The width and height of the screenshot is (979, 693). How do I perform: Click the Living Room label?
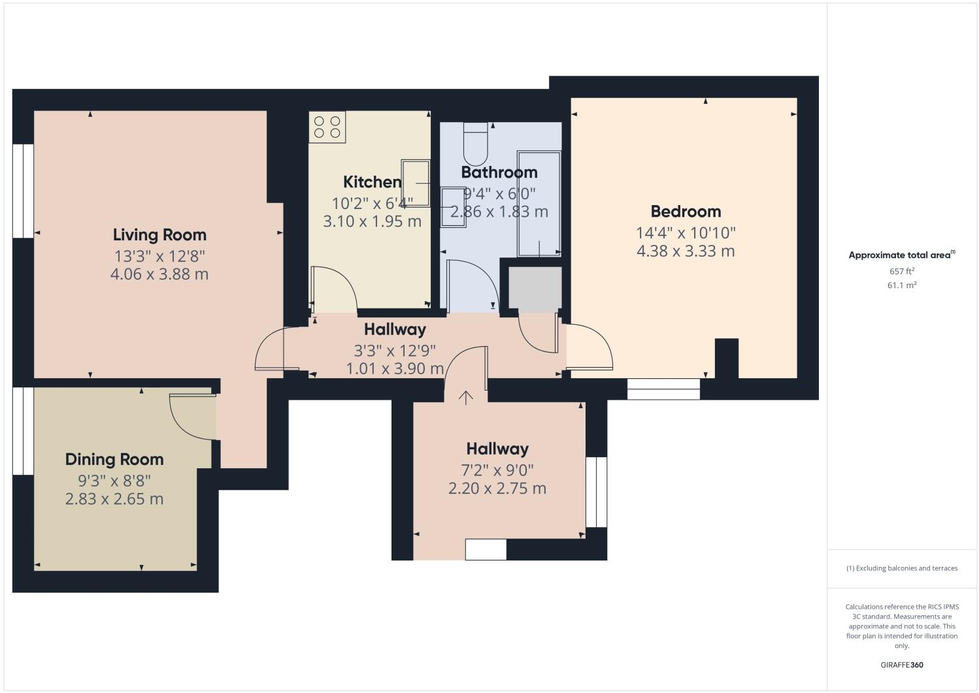coord(159,234)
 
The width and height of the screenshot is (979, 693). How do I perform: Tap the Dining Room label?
coord(114,459)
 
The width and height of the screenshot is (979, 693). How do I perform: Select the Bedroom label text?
coord(686,211)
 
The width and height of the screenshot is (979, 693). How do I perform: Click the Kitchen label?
coord(372,182)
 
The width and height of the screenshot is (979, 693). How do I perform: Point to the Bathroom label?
coord(499,172)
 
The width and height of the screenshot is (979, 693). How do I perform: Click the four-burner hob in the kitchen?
coord(327,127)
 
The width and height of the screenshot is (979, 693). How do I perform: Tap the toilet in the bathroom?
coord(475,146)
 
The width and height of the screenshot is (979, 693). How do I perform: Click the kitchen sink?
coord(416,183)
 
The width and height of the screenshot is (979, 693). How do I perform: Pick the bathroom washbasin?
coord(453,206)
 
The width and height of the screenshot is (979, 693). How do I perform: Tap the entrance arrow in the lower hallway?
coord(465,398)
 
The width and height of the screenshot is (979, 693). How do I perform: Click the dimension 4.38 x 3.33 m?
coord(686,251)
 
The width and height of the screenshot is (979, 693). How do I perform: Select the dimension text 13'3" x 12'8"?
coord(159,255)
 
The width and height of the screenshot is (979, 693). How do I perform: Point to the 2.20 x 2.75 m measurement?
coord(497,489)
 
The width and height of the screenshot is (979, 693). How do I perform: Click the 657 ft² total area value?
coord(901,271)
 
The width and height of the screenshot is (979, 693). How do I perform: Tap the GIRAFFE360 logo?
coord(901,666)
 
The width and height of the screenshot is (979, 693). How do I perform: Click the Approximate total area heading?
coord(901,255)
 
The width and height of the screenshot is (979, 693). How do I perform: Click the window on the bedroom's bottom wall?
coord(663,389)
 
